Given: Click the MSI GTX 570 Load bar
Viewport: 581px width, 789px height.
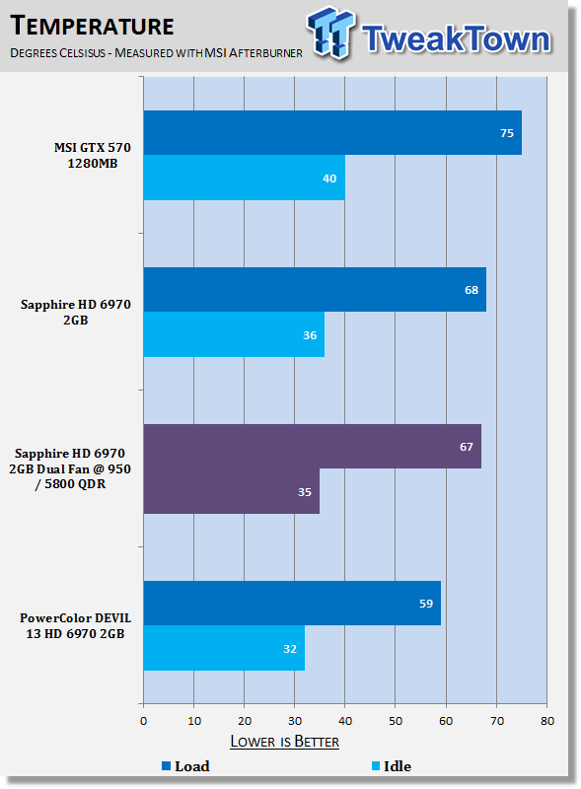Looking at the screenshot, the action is click(332, 133).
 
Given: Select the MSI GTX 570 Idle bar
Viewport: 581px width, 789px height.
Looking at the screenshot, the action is click(245, 178).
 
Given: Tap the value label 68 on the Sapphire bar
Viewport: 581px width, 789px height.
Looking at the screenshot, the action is click(472, 290).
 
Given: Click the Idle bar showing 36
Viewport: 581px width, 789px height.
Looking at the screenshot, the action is click(234, 334).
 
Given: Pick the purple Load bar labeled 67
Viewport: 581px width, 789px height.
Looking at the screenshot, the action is click(312, 447).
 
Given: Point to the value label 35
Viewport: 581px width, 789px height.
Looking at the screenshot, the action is click(304, 491).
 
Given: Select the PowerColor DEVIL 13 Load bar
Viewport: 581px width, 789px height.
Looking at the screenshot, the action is click(292, 604).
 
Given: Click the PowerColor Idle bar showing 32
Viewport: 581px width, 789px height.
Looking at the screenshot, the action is click(224, 648).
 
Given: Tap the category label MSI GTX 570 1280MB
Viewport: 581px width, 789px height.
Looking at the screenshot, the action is click(92, 156).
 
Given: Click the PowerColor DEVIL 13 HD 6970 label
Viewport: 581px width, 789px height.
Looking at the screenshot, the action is click(75, 625).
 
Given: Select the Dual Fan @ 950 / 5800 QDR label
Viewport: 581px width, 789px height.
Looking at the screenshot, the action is click(70, 476).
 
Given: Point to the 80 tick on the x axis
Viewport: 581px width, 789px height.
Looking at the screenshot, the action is click(547, 721).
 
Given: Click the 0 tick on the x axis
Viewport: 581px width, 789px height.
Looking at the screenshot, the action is click(143, 721).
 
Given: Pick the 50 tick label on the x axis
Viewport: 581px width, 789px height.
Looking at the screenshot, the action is click(396, 721).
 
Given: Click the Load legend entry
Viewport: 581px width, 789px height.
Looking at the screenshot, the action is click(185, 766).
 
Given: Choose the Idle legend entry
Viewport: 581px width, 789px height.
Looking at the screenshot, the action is click(392, 766).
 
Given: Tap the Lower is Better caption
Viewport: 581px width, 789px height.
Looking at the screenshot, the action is click(284, 742).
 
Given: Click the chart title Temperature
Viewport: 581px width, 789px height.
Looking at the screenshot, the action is click(92, 26).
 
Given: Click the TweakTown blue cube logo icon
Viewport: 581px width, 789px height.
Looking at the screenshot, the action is click(330, 33).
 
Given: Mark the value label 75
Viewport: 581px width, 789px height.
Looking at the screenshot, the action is click(506, 133).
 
